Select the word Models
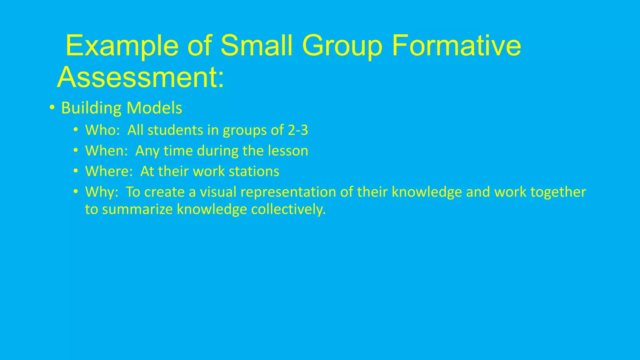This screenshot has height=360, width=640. click(154, 108)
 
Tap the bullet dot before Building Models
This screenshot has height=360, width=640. click(52, 108)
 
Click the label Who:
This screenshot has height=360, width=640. click(102, 130)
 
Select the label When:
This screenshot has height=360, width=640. click(107, 151)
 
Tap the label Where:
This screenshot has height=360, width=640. click(109, 171)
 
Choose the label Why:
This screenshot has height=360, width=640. click(102, 192)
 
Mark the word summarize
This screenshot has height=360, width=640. click(137, 209)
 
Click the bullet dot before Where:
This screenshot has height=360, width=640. click(76, 171)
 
